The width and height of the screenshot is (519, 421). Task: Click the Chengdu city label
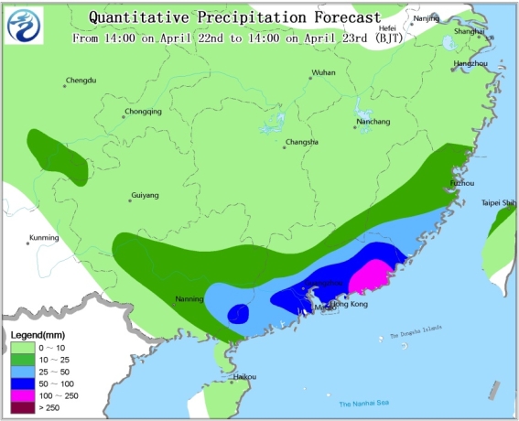click(83, 81)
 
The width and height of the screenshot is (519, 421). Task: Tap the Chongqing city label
click(143, 113)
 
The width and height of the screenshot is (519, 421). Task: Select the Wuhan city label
click(323, 71)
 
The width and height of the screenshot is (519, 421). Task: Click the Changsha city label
click(301, 142)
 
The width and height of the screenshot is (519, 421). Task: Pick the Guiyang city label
click(145, 195)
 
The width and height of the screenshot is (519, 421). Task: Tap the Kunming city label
click(43, 238)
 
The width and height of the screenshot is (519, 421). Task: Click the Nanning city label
click(189, 299)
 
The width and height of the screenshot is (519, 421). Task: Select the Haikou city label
click(244, 376)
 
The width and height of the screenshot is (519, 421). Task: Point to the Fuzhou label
click(461, 184)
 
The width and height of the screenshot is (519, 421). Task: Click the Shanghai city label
click(469, 32)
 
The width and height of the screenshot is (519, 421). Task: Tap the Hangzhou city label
click(469, 63)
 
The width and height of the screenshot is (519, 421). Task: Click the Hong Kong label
click(349, 304)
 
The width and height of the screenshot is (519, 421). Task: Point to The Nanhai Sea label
click(364, 404)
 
